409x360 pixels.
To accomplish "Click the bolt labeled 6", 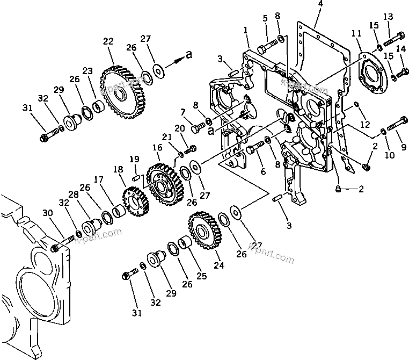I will pyautogui.click(x=257, y=145).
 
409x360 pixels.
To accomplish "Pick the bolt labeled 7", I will pyautogui.click(x=197, y=126).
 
